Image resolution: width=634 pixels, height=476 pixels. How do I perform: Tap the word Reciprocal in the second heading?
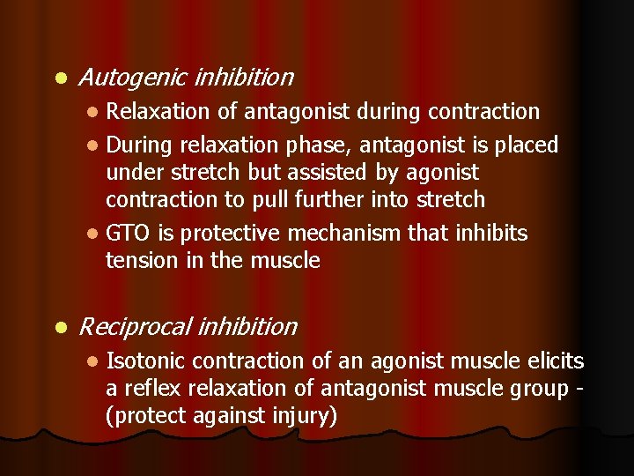point(134,327)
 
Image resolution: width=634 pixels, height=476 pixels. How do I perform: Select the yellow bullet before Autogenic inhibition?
point(59,78)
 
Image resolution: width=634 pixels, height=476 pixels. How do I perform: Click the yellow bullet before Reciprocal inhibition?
point(59,328)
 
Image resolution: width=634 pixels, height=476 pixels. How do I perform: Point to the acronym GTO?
point(125,233)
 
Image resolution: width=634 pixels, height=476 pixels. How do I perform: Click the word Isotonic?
point(145,361)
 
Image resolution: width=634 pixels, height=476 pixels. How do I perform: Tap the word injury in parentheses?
point(301,416)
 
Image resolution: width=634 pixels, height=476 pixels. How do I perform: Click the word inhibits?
point(491,233)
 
